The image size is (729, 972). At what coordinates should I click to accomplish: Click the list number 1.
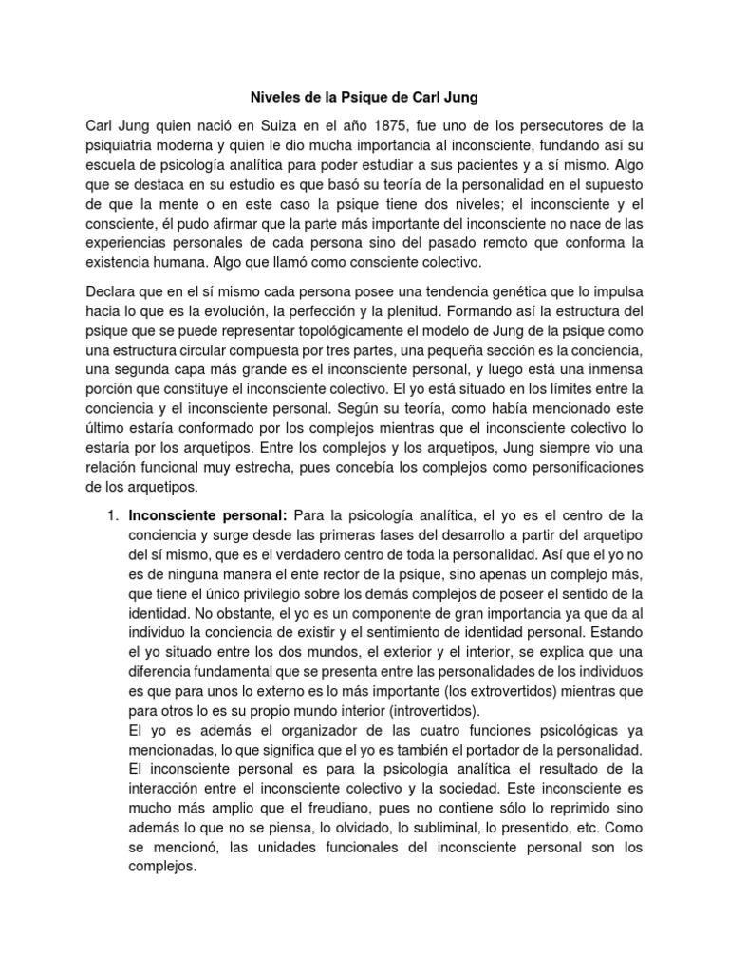[x=109, y=515]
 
